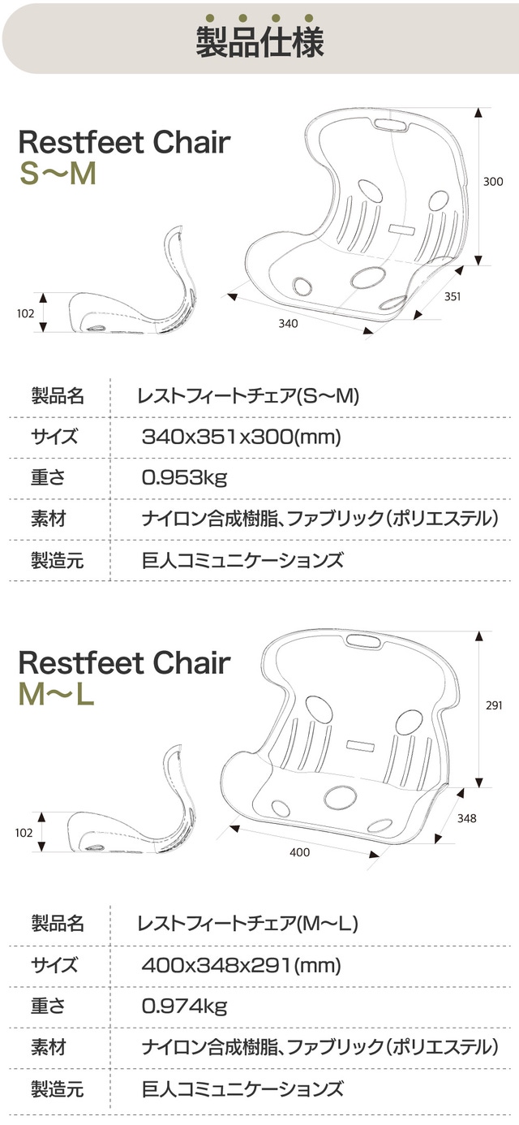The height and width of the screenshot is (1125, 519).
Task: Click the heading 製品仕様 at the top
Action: pyautogui.click(x=259, y=41)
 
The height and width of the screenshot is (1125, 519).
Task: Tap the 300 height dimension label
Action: pyautogui.click(x=493, y=181)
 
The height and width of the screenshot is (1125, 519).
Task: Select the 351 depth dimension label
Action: pyautogui.click(x=453, y=296)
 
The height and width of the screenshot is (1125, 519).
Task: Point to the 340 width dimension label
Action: pyautogui.click(x=288, y=323)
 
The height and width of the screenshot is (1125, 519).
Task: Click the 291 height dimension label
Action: pyautogui.click(x=494, y=705)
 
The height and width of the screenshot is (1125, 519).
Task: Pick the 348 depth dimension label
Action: pyautogui.click(x=466, y=818)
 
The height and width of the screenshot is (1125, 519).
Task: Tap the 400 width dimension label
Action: pyautogui.click(x=300, y=852)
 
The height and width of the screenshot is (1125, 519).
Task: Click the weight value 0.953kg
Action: pyautogui.click(x=184, y=477)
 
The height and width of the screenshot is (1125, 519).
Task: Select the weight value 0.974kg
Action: pyautogui.click(x=184, y=1006)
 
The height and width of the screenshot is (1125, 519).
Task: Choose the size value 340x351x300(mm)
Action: pyautogui.click(x=242, y=437)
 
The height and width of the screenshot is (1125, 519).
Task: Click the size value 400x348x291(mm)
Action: pyautogui.click(x=242, y=965)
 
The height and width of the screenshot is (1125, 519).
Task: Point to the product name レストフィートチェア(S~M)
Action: pyautogui.click(x=248, y=396)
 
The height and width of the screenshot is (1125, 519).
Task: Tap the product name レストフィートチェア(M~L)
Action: pyautogui.click(x=248, y=924)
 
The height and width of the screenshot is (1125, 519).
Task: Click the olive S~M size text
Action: pyautogui.click(x=58, y=173)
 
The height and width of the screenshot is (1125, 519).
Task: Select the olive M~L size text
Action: pyautogui.click(x=56, y=694)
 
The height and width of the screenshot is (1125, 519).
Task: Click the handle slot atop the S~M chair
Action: pyautogui.click(x=392, y=124)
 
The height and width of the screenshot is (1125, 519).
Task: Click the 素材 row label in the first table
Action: pyautogui.click(x=48, y=519)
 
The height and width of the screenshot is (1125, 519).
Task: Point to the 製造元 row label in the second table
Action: pyautogui.click(x=58, y=1088)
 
